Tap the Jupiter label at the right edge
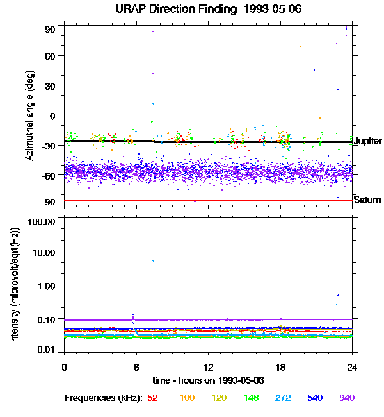[x=368, y=141]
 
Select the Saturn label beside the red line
[x=367, y=200]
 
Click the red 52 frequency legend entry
[x=152, y=398]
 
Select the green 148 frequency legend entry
[x=252, y=398]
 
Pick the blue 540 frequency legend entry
[x=314, y=398]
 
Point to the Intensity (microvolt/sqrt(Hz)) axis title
[x=15, y=285]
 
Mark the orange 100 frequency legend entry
[x=186, y=398]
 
